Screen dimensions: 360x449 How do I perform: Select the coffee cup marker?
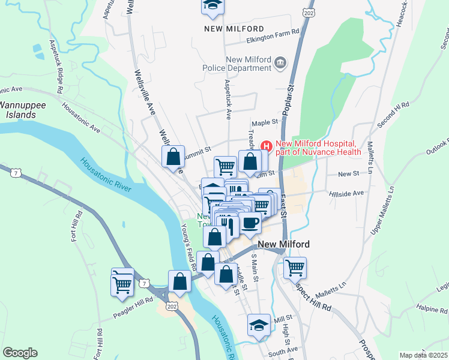pos(250,223)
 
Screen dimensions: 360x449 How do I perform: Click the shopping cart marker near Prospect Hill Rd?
pos(295,267)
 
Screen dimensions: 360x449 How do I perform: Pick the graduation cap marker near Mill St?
pos(259,325)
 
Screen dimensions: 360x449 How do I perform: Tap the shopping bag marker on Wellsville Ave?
pos(173,157)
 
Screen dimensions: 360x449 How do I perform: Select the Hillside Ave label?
pos(346,194)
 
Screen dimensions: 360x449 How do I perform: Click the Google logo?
pos(20,353)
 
